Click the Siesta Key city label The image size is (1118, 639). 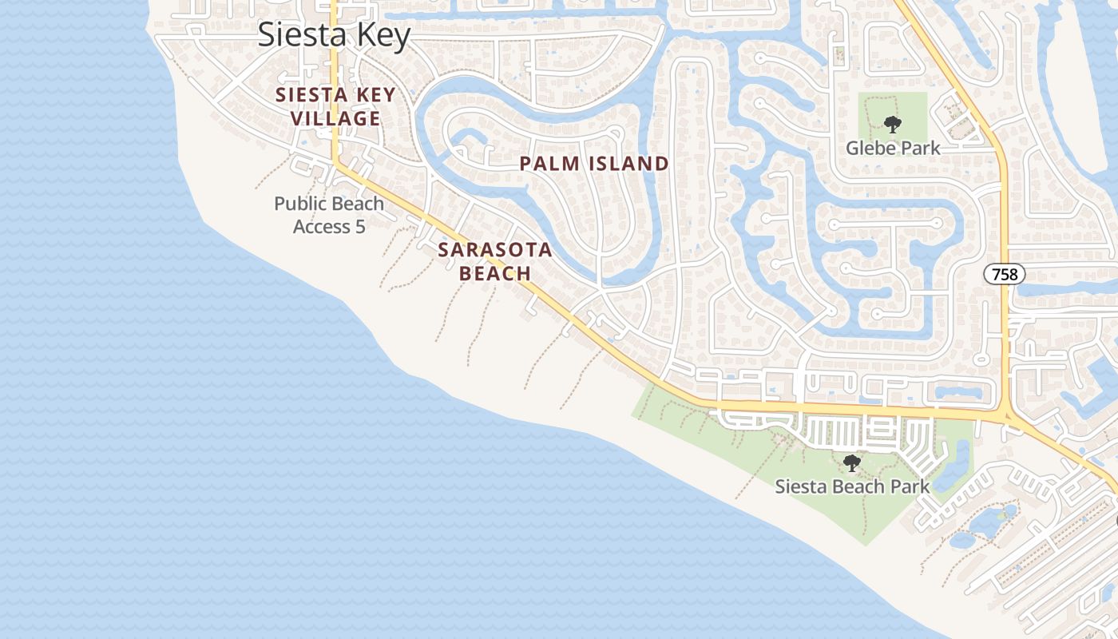pos(334,35)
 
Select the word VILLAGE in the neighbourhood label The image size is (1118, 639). pos(335,119)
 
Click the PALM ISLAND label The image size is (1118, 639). pos(594,165)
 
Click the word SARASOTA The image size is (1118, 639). pos(495,250)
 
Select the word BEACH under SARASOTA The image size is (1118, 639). pos(495,273)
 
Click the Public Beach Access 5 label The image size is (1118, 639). pos(329,215)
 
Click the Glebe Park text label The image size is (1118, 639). pos(893,149)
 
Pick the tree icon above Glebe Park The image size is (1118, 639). pos(892,125)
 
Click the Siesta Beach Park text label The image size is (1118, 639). pos(852,486)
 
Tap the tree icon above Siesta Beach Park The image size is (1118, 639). pos(852,462)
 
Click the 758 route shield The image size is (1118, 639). pos(1004,275)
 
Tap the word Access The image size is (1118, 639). pos(322,227)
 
